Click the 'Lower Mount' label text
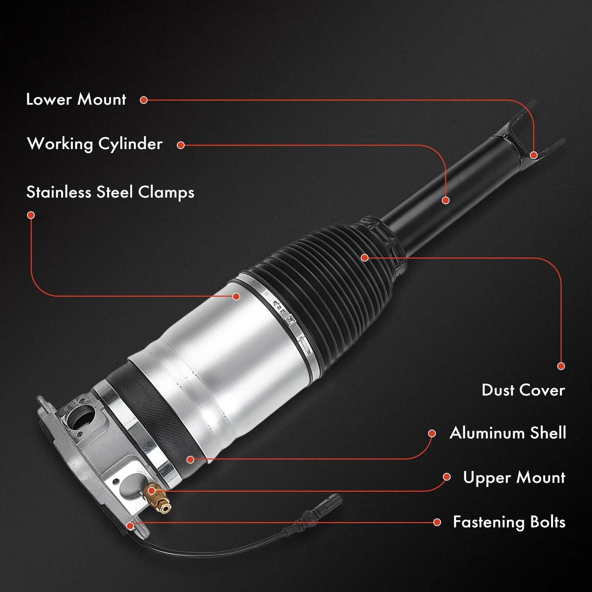coord(76,100)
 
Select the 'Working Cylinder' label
coord(95,144)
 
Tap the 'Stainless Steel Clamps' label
coord(110,192)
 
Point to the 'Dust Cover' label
coord(523,390)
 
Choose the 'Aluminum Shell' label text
coord(508,433)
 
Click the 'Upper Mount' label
coord(514,478)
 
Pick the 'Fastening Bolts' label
coord(509,522)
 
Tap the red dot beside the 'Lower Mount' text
coord(144,100)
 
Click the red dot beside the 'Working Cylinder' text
coord(181,145)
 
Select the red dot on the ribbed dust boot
coord(364,257)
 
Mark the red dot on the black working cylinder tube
coord(445,200)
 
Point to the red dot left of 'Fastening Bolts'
coord(437,522)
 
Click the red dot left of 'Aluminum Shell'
coord(432,434)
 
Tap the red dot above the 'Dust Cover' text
coord(561,366)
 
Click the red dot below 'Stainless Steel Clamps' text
coord(31,215)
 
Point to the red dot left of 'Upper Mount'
coord(447,477)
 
